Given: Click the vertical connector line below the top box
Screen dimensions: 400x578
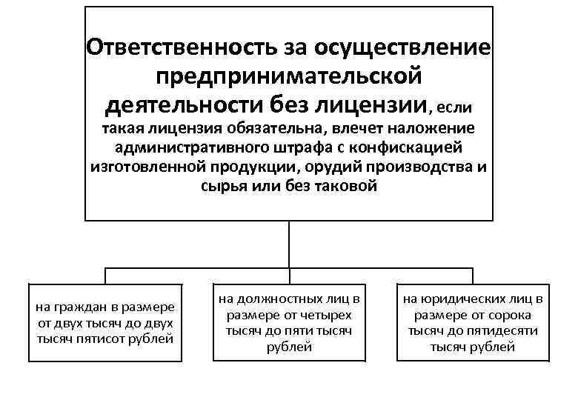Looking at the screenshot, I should coord(288,244).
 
